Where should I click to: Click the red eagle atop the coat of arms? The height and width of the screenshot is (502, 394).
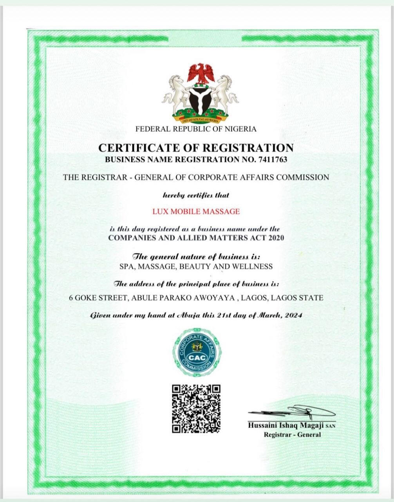click(x=201, y=73)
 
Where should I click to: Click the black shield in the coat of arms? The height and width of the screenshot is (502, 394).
click(x=200, y=99)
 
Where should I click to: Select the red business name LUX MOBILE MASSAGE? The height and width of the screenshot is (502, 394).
click(x=196, y=211)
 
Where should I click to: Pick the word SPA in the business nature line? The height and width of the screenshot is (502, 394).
click(x=126, y=266)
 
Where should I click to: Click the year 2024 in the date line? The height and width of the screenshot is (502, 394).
click(x=293, y=315)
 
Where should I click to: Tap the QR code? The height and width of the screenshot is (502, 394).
click(x=197, y=409)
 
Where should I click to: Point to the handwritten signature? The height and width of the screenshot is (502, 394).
click(x=294, y=411)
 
